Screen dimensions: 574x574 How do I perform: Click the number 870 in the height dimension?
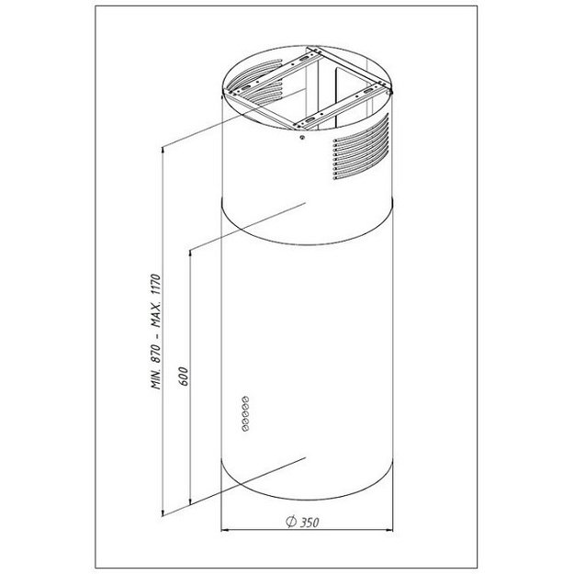click(x=156, y=354)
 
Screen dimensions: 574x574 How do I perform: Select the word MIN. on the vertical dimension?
click(x=156, y=379)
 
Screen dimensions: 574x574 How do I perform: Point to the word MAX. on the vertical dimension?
click(x=156, y=316)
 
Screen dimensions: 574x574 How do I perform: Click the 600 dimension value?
click(x=184, y=376)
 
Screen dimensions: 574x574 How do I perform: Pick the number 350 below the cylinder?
click(x=310, y=523)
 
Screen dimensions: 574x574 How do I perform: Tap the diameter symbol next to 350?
click(x=291, y=521)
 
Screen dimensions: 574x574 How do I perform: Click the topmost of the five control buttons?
click(x=245, y=399)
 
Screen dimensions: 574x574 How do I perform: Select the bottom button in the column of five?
click(x=244, y=428)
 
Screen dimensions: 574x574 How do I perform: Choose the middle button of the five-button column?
click(x=245, y=413)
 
